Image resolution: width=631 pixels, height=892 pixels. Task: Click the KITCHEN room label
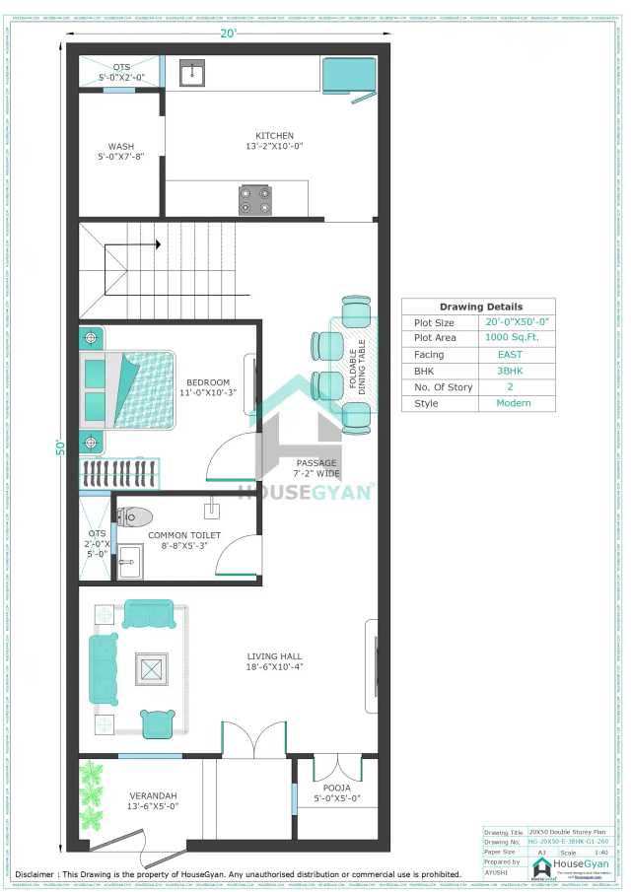274,136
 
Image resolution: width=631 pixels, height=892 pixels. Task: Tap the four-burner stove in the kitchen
255,201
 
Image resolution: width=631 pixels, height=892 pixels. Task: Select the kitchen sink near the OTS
191,73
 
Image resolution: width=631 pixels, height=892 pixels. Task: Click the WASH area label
120,146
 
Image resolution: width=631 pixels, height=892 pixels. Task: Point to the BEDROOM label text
208,382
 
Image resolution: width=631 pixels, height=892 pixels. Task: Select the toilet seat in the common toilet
136,515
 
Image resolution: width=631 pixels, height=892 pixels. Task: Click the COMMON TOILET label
184,535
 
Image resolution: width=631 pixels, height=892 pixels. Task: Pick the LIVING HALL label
275,655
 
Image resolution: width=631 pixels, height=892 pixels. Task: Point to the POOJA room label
337,788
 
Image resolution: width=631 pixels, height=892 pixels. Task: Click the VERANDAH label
153,795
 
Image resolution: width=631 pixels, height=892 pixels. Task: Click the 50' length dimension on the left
59,446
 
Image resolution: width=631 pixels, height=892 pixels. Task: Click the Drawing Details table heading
480,307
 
